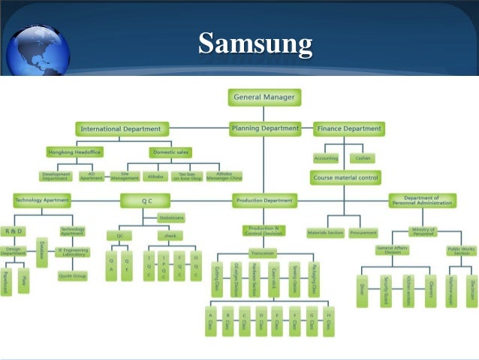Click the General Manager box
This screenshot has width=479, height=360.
click(x=264, y=97)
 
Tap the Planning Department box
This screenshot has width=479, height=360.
click(x=265, y=129)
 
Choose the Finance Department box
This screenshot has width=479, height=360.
click(x=348, y=129)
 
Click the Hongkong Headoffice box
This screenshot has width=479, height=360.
click(x=73, y=151)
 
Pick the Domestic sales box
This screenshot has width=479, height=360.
click(x=170, y=151)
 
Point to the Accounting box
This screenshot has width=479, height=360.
click(x=325, y=159)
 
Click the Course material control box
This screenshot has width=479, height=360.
click(x=345, y=178)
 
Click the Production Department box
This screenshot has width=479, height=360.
click(x=264, y=201)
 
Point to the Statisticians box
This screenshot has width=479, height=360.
click(x=171, y=218)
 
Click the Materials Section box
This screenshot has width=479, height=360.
click(x=325, y=233)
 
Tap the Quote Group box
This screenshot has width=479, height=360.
click(x=73, y=275)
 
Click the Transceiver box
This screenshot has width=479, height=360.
click(x=263, y=253)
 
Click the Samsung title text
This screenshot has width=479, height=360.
click(x=255, y=44)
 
